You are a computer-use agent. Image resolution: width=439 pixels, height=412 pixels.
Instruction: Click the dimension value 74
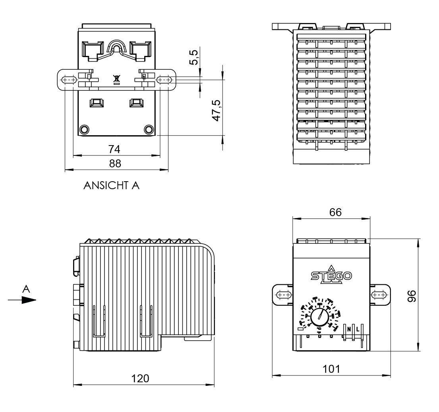115,149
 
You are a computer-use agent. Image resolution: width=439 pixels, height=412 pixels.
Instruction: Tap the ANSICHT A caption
112,186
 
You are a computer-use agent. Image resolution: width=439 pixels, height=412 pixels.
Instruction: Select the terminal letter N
349,329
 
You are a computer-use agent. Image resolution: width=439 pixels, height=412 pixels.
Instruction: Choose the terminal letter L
358,329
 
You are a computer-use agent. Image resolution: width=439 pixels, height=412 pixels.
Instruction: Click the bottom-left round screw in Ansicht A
84,129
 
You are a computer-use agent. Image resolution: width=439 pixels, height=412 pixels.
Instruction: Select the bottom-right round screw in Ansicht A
149,129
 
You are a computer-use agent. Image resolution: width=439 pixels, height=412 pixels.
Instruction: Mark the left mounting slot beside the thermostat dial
283,295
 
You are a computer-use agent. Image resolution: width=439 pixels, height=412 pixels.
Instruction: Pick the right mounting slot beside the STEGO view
379,295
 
